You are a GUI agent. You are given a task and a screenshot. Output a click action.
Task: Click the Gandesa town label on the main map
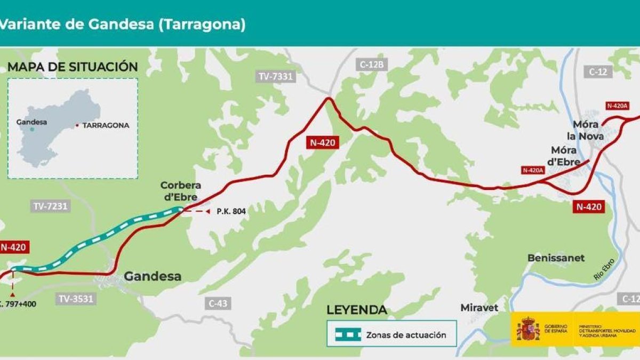click(x=153, y=276)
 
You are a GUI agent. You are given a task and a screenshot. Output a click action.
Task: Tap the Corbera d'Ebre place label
click(x=181, y=191)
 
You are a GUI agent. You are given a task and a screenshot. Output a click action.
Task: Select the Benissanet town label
click(x=556, y=258)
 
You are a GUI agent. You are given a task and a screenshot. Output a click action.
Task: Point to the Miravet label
click(x=479, y=308)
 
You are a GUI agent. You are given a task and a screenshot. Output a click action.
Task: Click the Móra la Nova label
click(x=589, y=131)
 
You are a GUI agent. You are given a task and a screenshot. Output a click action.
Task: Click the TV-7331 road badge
click(x=276, y=76)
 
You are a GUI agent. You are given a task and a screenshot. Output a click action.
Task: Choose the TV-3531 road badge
click(x=75, y=299)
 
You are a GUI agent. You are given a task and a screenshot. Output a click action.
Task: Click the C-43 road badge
click(x=218, y=303)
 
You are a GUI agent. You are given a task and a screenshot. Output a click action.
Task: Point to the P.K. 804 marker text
click(x=231, y=211)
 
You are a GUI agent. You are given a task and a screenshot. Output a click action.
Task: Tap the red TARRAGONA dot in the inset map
click(x=77, y=126)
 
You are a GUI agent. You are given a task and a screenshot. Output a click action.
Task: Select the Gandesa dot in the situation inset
click(x=32, y=129)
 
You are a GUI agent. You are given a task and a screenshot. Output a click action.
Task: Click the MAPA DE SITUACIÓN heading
click(x=73, y=67)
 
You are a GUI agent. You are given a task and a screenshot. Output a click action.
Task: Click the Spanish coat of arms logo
click(x=527, y=329)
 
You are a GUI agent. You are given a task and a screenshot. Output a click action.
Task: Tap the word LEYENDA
click(x=356, y=310)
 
